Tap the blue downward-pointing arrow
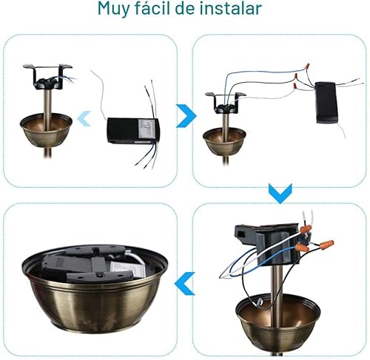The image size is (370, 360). point(279,194)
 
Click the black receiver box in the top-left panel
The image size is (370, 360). point(132,129)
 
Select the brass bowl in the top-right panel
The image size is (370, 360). point(224,141)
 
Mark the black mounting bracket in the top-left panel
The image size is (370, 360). point(47,75)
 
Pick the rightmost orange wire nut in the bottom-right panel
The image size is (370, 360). point(326,244)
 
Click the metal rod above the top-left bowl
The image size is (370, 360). point(47,100)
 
